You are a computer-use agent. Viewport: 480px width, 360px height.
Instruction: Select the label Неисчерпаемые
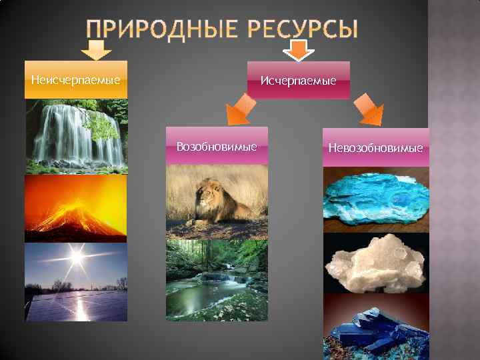pos(75,81)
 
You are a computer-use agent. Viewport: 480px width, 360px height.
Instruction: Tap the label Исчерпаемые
pos(298,81)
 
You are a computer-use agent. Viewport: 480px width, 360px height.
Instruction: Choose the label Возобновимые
pos(217,146)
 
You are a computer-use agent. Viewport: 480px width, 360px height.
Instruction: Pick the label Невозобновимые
pos(375,147)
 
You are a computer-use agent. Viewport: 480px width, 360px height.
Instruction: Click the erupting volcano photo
pos(75,209)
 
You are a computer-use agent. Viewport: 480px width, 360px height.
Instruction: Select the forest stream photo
pos(217,280)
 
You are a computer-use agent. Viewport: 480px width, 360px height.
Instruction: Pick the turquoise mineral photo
pos(376,199)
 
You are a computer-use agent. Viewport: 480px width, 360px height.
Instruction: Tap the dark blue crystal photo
pos(375,328)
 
